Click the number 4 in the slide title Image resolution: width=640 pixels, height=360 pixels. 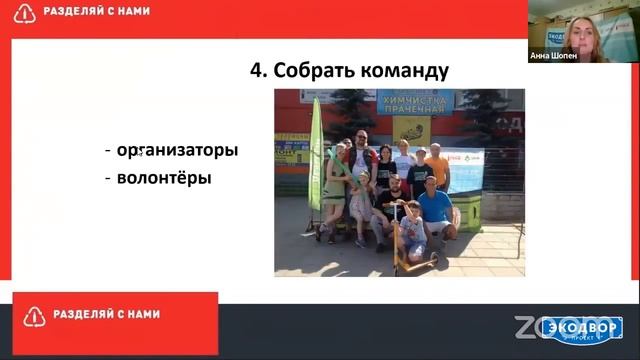[x=256, y=71]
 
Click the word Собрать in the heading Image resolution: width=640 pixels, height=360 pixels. [x=307, y=71]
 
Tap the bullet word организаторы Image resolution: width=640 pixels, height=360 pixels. [x=176, y=151]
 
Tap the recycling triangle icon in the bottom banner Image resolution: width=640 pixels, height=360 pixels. [x=33, y=316]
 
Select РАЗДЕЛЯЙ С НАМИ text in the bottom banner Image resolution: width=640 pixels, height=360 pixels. [x=107, y=315]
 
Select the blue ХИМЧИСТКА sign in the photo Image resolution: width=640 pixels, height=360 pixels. [x=414, y=100]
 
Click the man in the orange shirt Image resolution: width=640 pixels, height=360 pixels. [x=437, y=166]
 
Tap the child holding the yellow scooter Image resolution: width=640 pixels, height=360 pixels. [x=412, y=231]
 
